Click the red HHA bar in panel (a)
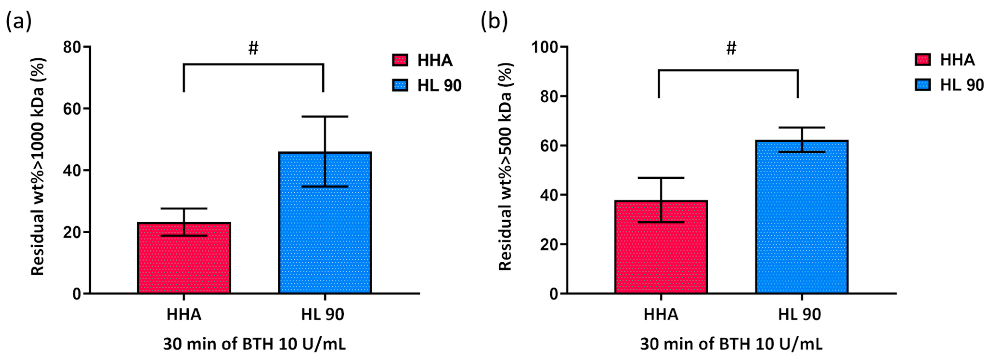[184, 258]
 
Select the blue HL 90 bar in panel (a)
[325, 223]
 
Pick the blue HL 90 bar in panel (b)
[802, 217]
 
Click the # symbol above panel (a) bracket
[253, 48]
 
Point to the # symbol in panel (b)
[731, 48]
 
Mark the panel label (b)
[494, 22]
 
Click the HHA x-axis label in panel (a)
[184, 315]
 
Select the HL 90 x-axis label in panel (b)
[800, 315]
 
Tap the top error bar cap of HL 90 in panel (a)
[325, 116]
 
